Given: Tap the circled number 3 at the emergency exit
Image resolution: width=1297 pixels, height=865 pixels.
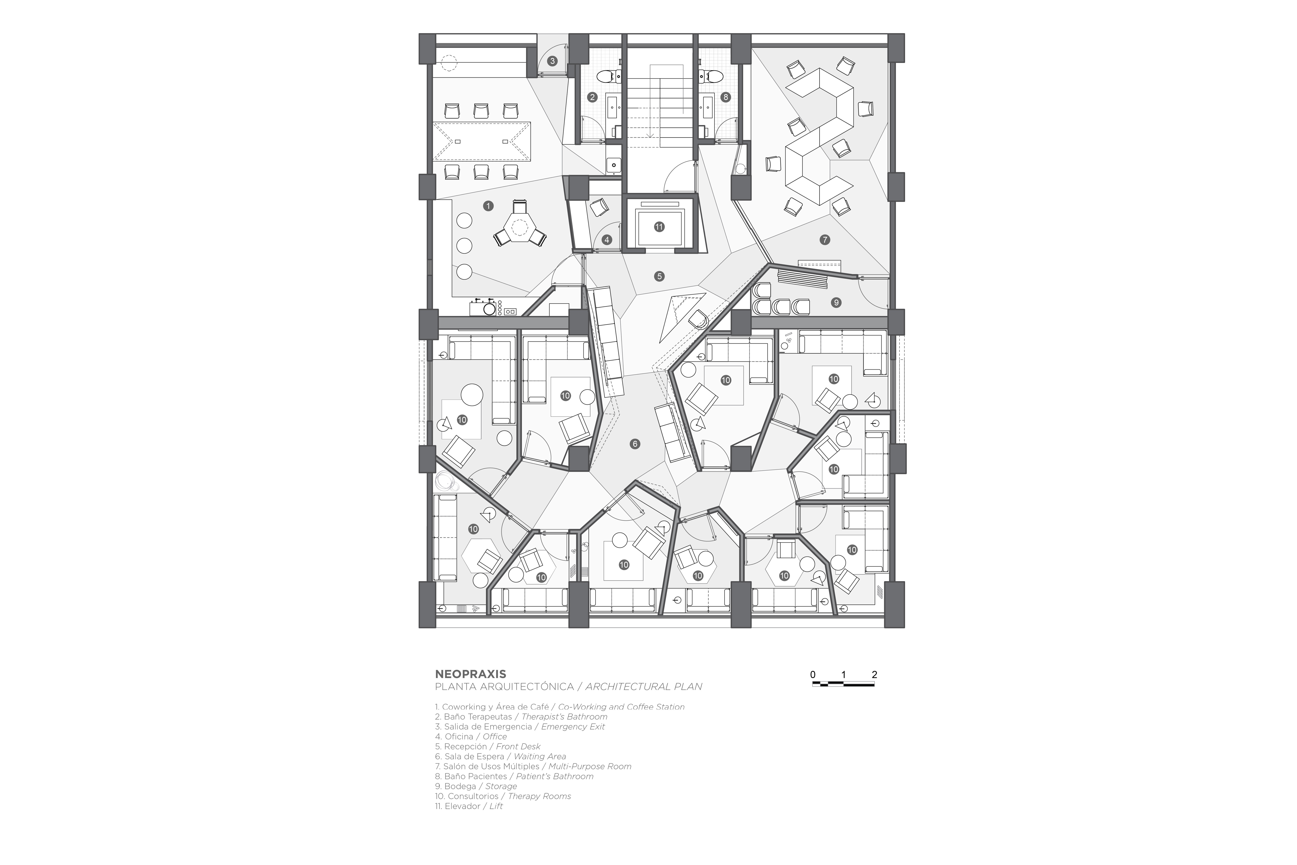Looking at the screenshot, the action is pyautogui.click(x=552, y=61).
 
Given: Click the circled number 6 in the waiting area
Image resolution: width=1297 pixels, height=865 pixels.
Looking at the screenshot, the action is pyautogui.click(x=635, y=443).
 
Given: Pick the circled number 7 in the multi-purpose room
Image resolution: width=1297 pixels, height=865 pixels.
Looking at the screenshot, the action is pyautogui.click(x=825, y=239).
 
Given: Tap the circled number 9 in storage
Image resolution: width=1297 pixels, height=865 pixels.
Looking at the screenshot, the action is pyautogui.click(x=836, y=302).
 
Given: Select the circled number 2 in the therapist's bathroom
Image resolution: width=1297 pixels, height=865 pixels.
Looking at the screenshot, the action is pyautogui.click(x=592, y=97).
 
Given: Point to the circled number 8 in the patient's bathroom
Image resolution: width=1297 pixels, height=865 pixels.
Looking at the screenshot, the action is pyautogui.click(x=726, y=97).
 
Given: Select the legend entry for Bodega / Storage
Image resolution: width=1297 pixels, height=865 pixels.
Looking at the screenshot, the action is pyautogui.click(x=476, y=786).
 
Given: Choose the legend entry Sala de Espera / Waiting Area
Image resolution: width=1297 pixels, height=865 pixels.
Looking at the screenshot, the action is pyautogui.click(x=500, y=756).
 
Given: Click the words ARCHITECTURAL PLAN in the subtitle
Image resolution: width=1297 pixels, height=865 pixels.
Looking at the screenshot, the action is pyautogui.click(x=644, y=687).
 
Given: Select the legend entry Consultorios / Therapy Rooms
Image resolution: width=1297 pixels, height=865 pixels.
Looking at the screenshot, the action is pyautogui.click(x=503, y=796).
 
